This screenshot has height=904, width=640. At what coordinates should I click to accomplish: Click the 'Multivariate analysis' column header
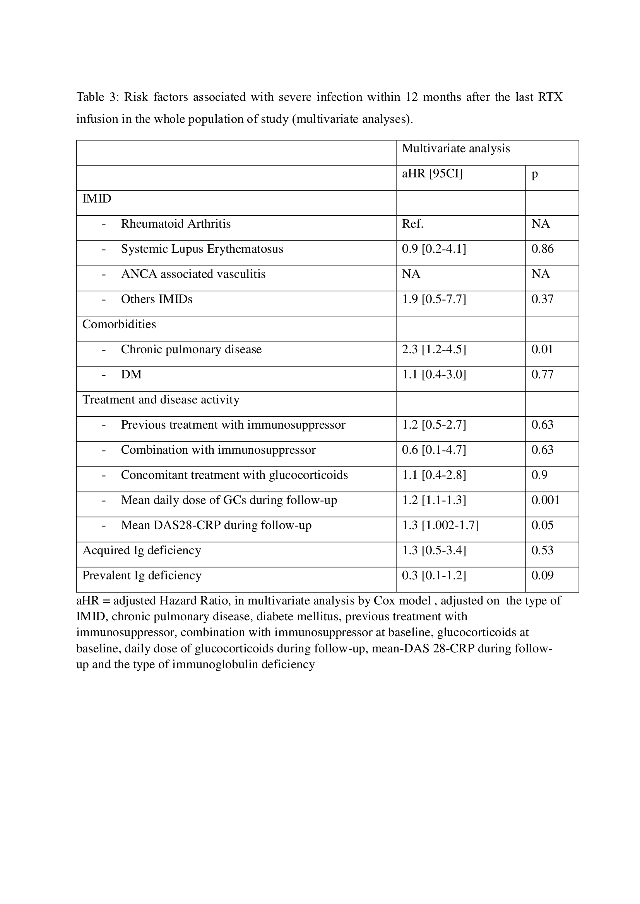455,148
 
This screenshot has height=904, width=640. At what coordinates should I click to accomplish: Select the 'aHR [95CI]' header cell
432,174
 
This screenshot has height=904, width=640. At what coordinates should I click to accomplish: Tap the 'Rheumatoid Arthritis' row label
176,224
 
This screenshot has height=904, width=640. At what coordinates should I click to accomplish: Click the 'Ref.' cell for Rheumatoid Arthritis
412,224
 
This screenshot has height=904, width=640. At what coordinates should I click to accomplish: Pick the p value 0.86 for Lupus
542,249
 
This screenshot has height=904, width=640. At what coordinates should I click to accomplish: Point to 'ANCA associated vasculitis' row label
193,274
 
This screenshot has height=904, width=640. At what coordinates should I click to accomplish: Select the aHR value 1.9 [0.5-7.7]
434,299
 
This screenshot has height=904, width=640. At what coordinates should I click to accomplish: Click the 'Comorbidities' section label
119,324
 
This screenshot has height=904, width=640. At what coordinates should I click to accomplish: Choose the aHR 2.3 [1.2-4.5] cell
434,350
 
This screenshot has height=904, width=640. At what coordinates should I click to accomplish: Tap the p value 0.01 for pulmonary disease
542,350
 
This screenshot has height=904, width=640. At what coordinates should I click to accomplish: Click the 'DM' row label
131,375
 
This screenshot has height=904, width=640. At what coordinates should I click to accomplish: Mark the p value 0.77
542,375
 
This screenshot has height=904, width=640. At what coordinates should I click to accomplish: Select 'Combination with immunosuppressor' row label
218,450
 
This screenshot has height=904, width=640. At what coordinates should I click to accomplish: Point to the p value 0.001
546,500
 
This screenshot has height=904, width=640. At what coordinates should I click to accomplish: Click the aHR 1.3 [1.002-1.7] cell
440,525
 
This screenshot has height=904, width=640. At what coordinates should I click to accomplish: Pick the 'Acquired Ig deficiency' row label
142,550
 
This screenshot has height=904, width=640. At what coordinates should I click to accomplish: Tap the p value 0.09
542,575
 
